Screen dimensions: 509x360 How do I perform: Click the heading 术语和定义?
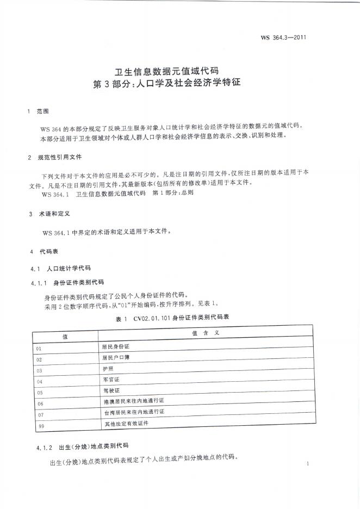[53, 214]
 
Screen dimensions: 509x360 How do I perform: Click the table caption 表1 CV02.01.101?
[172, 317]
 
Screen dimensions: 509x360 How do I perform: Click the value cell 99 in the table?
[41, 426]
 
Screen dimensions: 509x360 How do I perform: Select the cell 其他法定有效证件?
[126, 423]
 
